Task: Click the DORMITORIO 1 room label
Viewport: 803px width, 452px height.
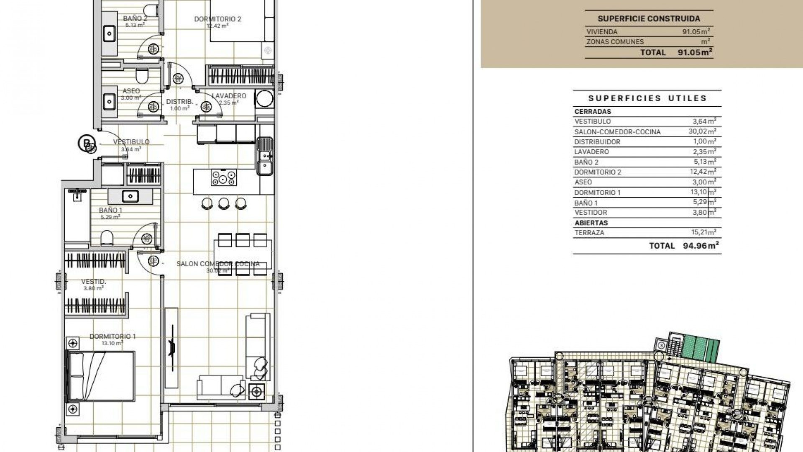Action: coord(113,336)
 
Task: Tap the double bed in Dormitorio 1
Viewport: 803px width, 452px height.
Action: coord(100,377)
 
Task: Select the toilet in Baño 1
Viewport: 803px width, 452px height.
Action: coord(107,238)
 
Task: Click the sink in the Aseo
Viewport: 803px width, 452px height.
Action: coord(110,101)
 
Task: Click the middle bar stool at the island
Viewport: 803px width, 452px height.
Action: coord(224,203)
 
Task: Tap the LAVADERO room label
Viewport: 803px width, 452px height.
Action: coord(229,96)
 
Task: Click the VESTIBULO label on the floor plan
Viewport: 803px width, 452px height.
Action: coord(131,142)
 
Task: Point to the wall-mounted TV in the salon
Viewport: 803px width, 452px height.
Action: coord(171,347)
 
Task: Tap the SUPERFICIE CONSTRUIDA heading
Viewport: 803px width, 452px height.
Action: coord(649,19)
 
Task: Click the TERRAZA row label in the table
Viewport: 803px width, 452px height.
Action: coord(589,233)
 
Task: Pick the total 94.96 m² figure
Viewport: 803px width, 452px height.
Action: coord(701,246)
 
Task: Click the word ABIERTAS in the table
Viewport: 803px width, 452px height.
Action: coord(591,223)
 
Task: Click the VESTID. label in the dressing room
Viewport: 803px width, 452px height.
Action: coord(94,282)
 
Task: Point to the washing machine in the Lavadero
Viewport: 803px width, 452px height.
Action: coord(264,99)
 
